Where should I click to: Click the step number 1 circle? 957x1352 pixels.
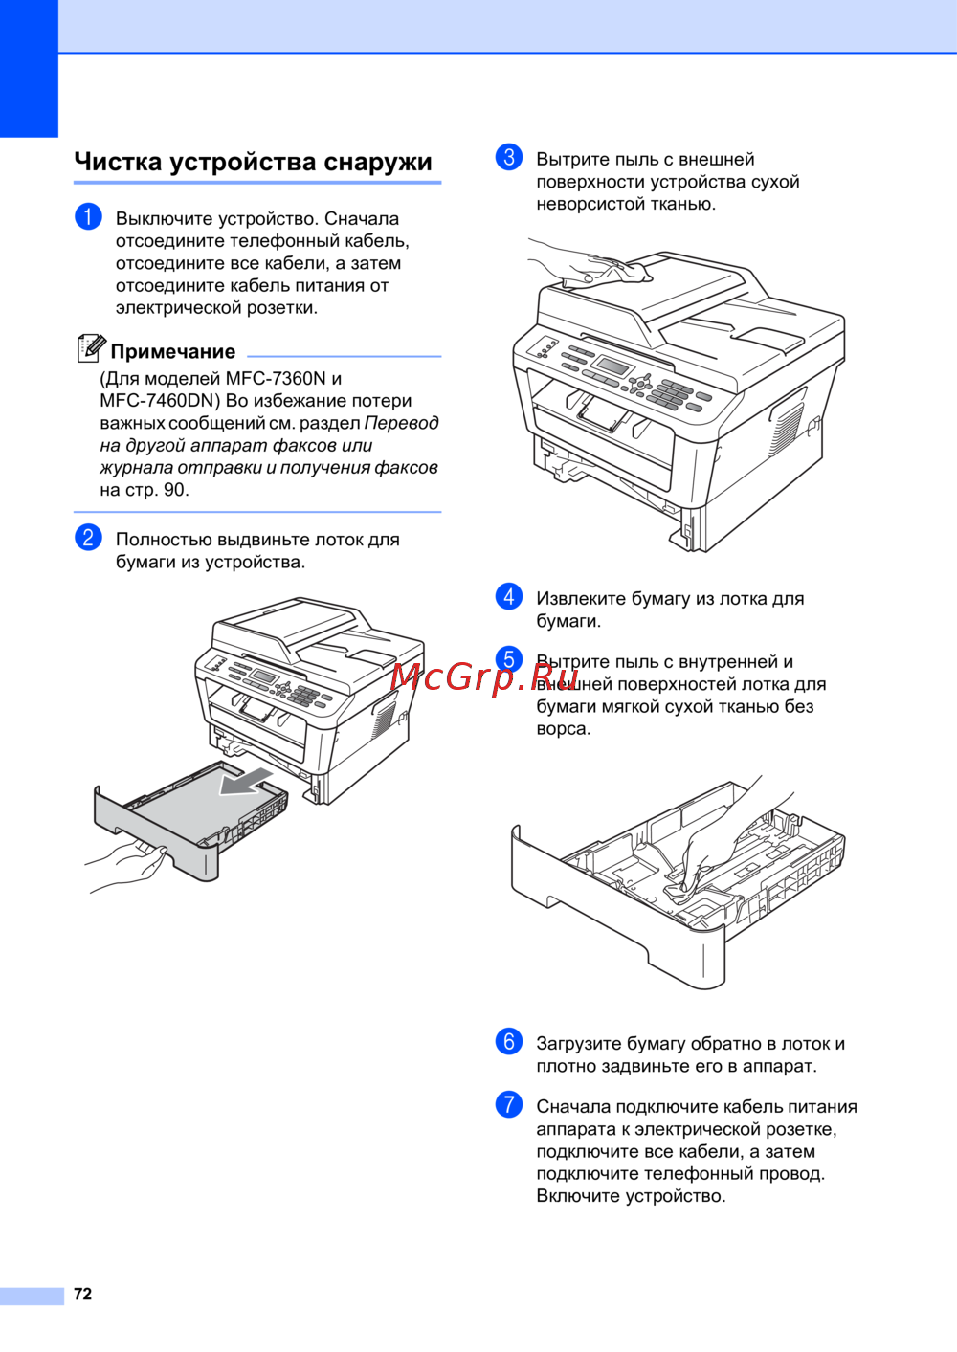(88, 216)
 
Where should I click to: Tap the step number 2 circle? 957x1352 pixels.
(88, 537)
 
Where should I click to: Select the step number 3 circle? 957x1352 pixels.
(509, 158)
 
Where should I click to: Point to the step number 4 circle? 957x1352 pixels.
(509, 596)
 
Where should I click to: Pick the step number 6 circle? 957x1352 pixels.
(509, 1041)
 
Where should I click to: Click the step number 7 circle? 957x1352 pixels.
(509, 1104)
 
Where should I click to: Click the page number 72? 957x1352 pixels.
(82, 1294)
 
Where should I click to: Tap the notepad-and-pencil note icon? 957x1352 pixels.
(91, 348)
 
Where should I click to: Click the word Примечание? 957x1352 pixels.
(172, 351)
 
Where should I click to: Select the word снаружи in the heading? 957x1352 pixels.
(377, 162)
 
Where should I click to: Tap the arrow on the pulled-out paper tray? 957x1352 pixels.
(245, 782)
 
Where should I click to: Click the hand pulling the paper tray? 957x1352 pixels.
(125, 866)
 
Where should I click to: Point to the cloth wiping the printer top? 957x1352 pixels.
(628, 271)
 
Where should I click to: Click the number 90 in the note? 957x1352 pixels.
(174, 490)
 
